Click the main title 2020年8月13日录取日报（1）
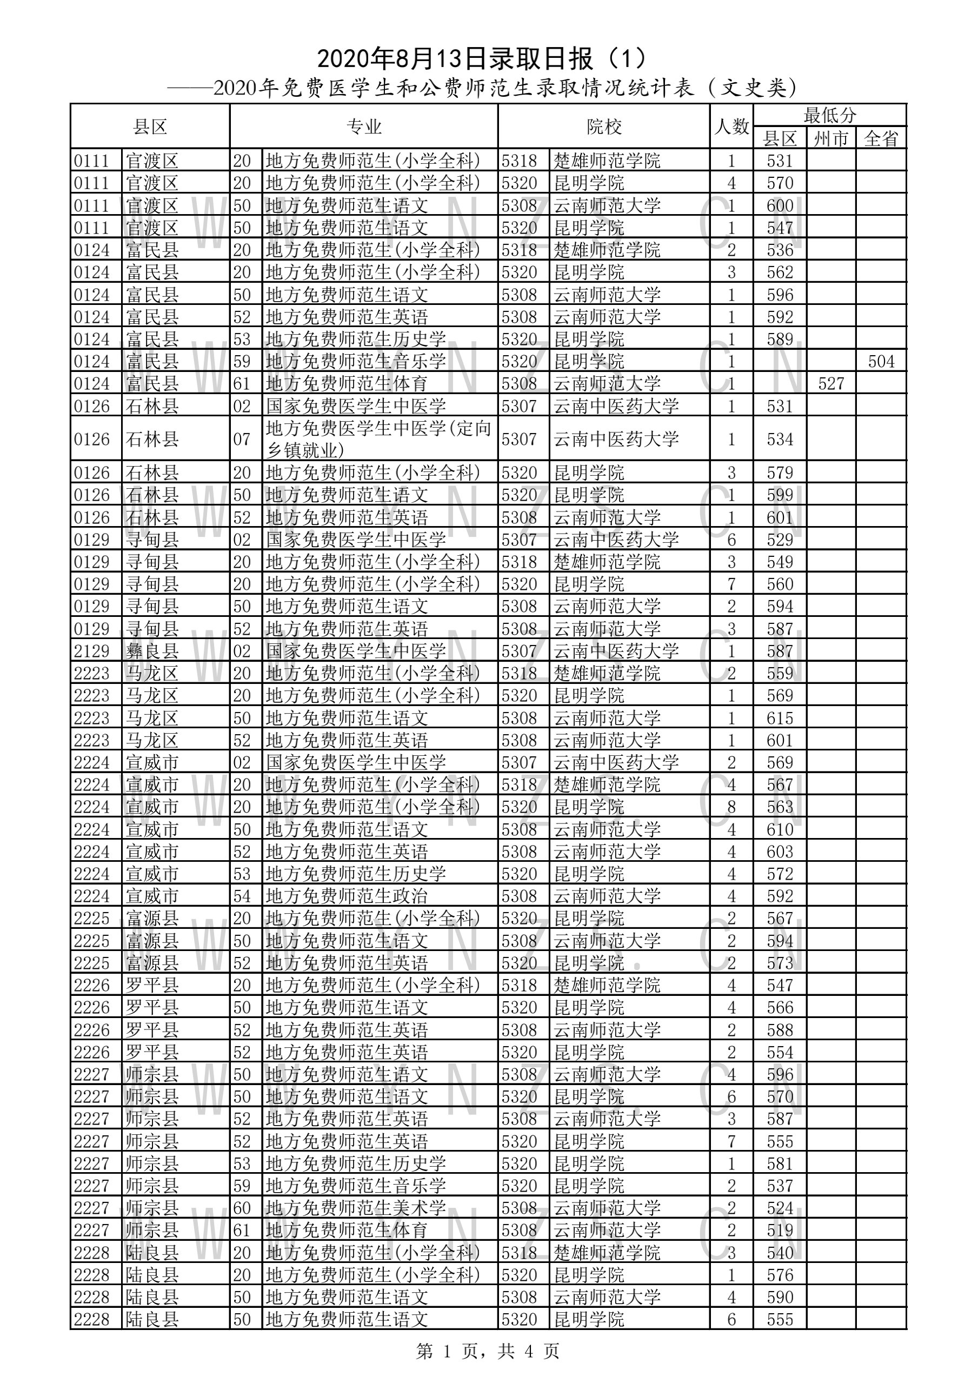coord(482,58)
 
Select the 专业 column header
coord(364,127)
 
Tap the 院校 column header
coord(603,127)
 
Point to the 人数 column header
coord(731,127)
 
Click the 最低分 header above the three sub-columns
coord(829,115)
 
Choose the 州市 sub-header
coord(830,138)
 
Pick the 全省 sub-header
coord(881,138)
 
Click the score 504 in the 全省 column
coord(881,361)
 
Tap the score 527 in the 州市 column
coord(831,384)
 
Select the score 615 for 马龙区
coord(780,718)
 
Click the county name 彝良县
coord(152,651)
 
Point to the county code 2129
coord(91,651)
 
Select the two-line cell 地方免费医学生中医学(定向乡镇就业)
coord(378,439)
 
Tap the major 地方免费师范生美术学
coord(355,1208)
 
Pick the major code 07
coord(242,439)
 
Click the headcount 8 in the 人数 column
coord(731,807)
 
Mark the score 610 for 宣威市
coord(780,829)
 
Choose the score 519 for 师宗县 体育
coord(780,1230)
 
